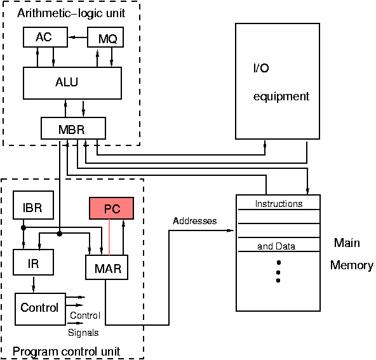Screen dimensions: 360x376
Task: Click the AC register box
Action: [44, 37]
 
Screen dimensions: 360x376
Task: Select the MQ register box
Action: [105, 38]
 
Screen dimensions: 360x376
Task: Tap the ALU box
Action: [72, 83]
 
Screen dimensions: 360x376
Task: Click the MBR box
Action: [73, 129]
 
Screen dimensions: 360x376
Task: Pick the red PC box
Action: [112, 208]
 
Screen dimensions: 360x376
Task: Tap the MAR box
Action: [107, 267]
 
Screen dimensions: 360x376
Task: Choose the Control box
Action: [40, 309]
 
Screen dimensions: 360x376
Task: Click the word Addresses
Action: [194, 221]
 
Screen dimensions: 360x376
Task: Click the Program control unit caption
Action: [67, 351]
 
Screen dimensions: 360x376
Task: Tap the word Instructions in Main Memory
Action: [278, 204]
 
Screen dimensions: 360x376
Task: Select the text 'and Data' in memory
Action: [276, 246]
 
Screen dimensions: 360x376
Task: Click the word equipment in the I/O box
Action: [281, 97]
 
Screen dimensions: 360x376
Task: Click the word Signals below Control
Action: [83, 331]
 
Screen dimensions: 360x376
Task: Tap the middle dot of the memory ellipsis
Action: [278, 271]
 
